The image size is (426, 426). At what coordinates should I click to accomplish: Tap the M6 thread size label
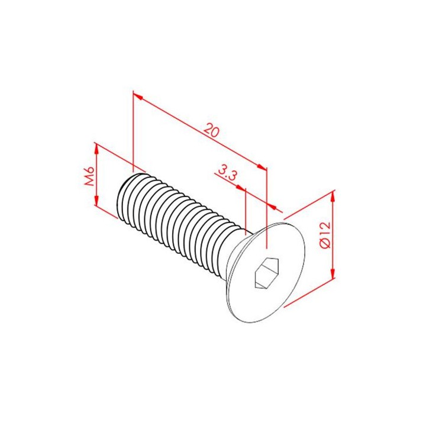coord(89,176)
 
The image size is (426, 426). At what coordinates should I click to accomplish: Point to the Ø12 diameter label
coord(325,235)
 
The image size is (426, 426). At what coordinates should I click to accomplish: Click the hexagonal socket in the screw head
coord(267,273)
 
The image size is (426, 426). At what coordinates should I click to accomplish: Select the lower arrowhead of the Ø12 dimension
coord(333,273)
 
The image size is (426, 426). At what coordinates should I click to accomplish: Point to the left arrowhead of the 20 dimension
coord(138,96)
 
